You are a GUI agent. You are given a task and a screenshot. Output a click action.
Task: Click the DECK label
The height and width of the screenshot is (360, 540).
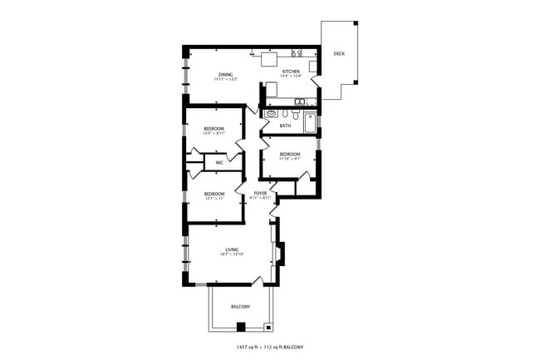click(x=339, y=54)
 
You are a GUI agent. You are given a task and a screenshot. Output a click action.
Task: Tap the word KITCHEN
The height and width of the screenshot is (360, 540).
click(x=291, y=72)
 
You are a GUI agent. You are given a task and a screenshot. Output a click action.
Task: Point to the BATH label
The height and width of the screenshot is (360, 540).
click(x=285, y=126)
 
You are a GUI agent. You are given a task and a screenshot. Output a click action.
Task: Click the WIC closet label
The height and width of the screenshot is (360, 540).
click(x=219, y=163)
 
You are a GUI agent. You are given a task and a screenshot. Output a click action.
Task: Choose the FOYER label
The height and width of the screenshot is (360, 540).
click(x=261, y=193)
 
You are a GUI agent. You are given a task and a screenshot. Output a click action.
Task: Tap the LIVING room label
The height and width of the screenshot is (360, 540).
click(x=233, y=249)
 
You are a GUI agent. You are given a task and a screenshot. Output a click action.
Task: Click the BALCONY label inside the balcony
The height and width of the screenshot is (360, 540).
click(x=240, y=307)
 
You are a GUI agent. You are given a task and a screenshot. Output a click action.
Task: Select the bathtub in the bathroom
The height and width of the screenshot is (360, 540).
click(x=310, y=122)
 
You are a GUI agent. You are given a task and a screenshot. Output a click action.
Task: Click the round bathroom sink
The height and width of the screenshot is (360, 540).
click(x=271, y=114)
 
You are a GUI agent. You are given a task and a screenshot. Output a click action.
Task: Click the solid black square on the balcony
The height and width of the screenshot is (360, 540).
click(x=241, y=327)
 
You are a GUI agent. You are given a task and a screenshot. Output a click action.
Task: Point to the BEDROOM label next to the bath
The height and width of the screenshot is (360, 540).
click(x=289, y=155)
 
